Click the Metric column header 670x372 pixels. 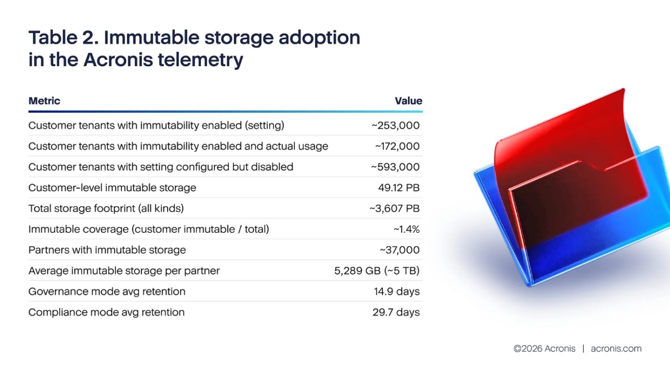(45, 101)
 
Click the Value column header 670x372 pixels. (408, 101)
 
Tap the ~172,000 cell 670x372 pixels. (397, 146)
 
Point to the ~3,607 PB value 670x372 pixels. (394, 209)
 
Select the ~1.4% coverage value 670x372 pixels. (406, 229)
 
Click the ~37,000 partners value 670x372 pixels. (399, 250)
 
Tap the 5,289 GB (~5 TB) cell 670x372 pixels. (377, 271)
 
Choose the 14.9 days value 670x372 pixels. (397, 291)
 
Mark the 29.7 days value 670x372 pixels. (396, 312)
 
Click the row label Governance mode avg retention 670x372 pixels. (107, 291)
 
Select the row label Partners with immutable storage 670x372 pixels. (107, 250)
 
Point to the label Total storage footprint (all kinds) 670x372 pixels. (106, 209)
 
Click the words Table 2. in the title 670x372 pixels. (62, 38)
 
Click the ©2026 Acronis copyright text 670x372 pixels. (544, 348)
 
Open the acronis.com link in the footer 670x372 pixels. (616, 348)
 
